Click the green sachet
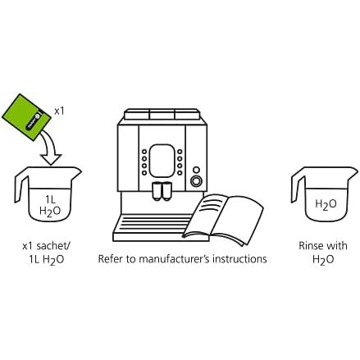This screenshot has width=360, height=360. (x=26, y=117)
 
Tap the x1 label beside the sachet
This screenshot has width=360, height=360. (x=59, y=112)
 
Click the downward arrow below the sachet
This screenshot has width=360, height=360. (x=50, y=148)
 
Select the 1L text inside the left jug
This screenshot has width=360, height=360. (x=50, y=199)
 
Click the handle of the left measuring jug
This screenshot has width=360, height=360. (x=21, y=185)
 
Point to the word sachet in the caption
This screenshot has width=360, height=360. (x=53, y=246)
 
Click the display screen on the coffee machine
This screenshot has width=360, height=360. (x=162, y=161)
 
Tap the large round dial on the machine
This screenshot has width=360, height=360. (x=196, y=180)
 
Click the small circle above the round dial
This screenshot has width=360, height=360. (x=196, y=170)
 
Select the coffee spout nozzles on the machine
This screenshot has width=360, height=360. (x=162, y=191)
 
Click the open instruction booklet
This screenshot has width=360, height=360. (x=223, y=219)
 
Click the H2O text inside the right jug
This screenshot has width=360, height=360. (x=326, y=204)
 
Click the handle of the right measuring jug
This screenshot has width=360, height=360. (x=298, y=185)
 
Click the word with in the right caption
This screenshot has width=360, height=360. (x=336, y=246)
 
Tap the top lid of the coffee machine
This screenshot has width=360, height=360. (x=162, y=114)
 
